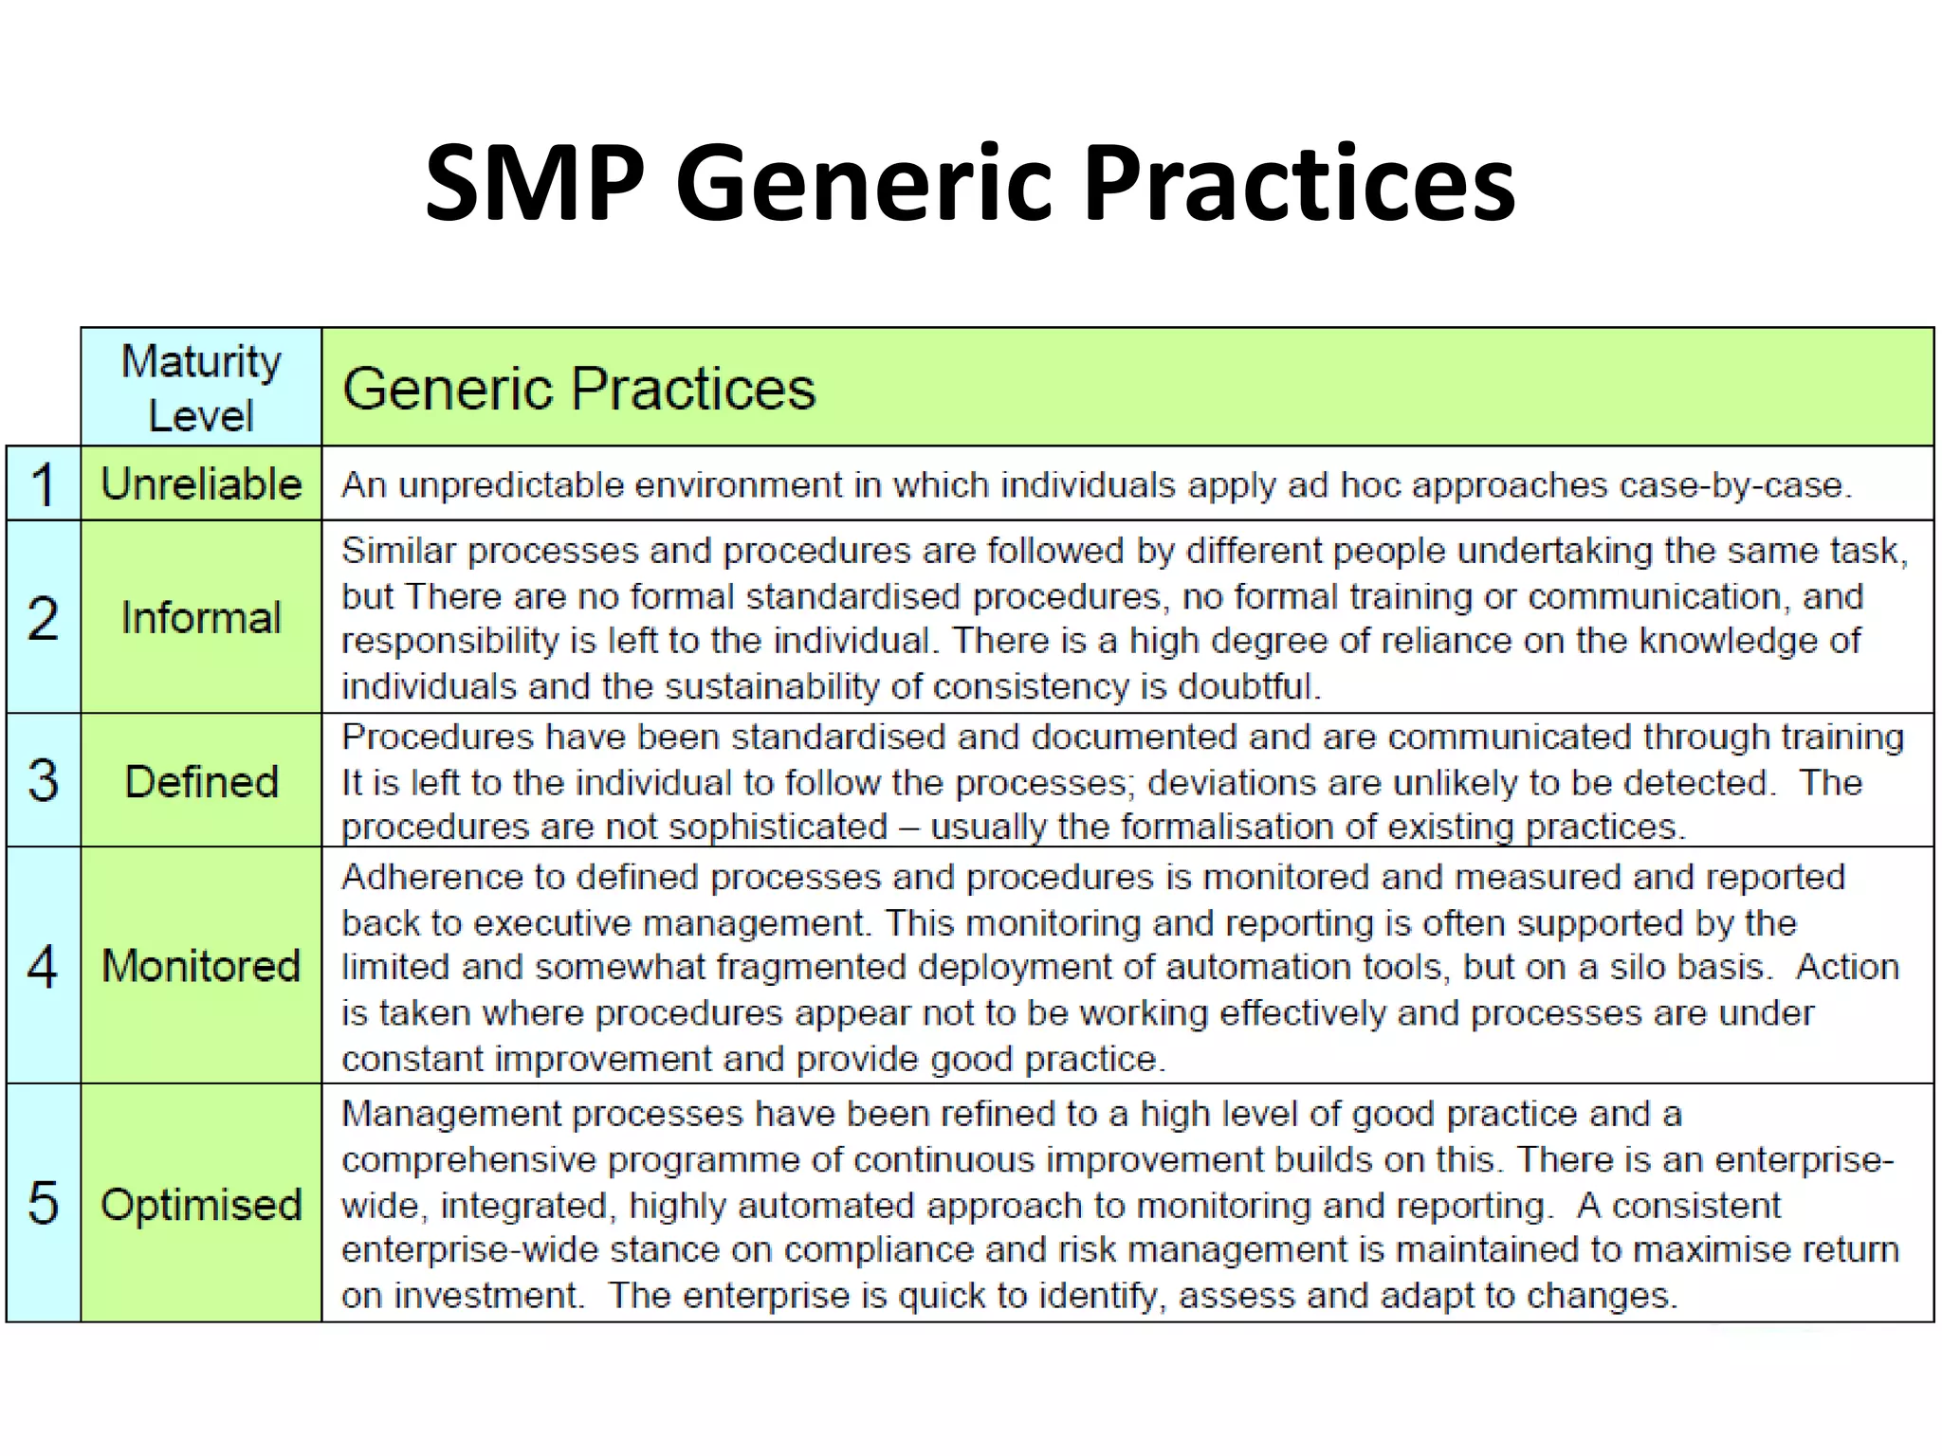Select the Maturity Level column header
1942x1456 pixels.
click(201, 388)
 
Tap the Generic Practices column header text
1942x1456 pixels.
click(578, 389)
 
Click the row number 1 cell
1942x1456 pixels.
click(43, 483)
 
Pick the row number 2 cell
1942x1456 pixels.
click(43, 618)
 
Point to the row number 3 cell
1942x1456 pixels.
click(43, 781)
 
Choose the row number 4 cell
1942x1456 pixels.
click(43, 966)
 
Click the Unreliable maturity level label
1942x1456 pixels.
click(201, 483)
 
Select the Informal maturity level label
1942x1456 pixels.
click(201, 618)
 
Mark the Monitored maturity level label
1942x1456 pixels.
click(201, 966)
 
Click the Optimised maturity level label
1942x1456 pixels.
click(201, 1205)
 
